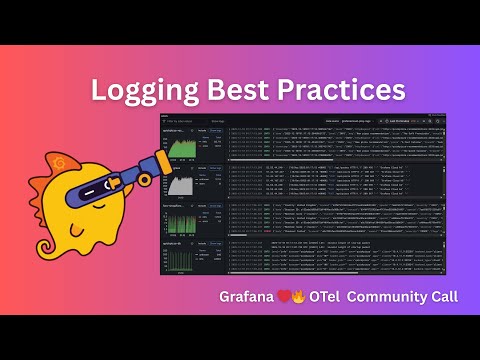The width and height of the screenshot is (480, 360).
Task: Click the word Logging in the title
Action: pos(141,91)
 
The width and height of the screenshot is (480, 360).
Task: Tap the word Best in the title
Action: pos(237,89)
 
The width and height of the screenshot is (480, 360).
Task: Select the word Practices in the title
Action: pos(337,89)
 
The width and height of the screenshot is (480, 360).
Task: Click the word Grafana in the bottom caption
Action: pos(250,298)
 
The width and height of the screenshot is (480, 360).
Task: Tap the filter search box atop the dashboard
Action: pos(190,120)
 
